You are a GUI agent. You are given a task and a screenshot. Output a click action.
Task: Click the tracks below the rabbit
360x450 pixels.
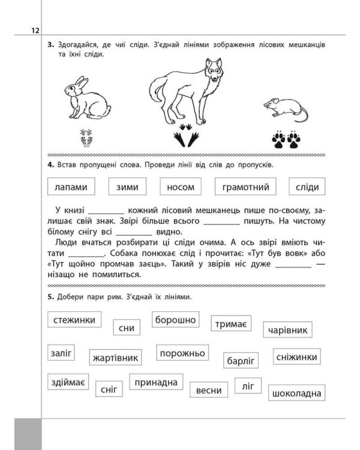87,139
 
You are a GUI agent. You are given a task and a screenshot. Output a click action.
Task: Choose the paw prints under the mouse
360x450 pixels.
286,140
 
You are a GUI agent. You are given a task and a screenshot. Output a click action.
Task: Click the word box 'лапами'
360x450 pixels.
71,187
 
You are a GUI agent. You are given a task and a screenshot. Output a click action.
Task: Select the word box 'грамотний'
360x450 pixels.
245,187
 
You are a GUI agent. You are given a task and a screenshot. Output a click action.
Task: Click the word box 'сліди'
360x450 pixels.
307,187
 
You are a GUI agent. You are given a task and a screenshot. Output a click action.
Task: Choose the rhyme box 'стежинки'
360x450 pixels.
74,320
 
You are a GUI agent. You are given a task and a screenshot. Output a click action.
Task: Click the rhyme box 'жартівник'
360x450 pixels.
116,358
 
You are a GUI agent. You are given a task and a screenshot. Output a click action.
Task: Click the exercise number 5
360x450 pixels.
52,296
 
